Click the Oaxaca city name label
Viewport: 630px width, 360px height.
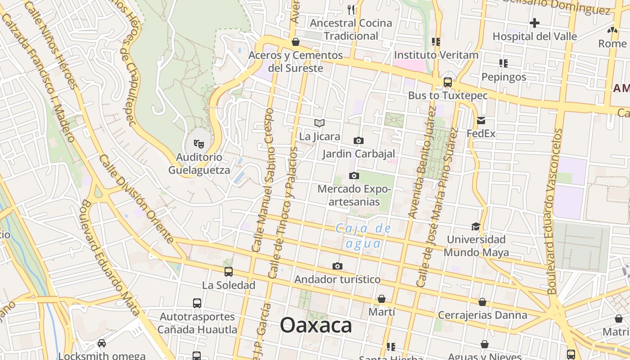316,325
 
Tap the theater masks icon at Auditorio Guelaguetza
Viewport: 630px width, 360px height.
198,144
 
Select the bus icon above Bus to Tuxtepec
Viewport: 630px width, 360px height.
447,82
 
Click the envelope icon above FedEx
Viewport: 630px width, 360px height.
481,120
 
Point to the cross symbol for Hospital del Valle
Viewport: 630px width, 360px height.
535,23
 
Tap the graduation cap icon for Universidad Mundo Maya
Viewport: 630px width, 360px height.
476,226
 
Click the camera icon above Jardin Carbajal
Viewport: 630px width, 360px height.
358,140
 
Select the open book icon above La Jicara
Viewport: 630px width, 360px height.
319,123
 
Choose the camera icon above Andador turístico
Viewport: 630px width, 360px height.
337,266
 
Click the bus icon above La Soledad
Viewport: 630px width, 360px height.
229,271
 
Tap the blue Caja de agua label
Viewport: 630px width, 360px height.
364,236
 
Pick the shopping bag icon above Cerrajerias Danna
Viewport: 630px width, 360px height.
482,301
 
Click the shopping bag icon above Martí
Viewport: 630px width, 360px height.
381,298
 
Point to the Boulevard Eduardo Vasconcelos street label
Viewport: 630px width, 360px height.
554,211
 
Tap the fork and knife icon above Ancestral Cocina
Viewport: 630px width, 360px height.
351,9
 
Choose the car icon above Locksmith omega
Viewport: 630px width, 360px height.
102,343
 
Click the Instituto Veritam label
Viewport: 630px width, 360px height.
436,55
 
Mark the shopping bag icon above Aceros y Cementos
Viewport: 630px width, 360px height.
296,42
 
